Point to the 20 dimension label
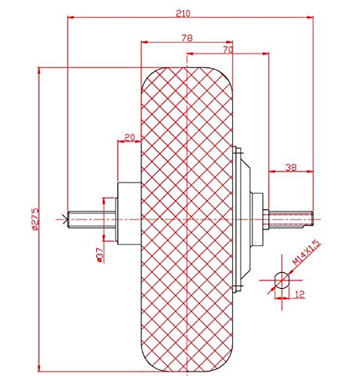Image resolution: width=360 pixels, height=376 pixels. (129, 138)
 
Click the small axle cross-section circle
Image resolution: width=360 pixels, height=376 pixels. (281, 280)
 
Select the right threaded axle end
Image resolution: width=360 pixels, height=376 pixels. (297, 219)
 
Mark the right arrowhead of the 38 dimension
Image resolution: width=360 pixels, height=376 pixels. (310, 174)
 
